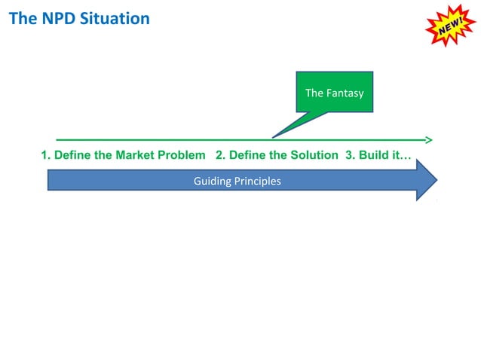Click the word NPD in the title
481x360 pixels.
[x=54, y=18]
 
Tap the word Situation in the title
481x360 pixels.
[x=112, y=18]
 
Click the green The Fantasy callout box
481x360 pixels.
[x=334, y=93]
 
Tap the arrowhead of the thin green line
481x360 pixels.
[x=428, y=139]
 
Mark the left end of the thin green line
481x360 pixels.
[x=58, y=139]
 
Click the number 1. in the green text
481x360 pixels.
[x=45, y=155]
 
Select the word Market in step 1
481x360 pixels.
[x=135, y=155]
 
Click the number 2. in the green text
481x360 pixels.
[x=220, y=155]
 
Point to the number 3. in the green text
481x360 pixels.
[x=350, y=155]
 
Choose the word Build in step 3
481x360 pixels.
[x=375, y=155]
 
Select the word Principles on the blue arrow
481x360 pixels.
[x=256, y=182]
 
